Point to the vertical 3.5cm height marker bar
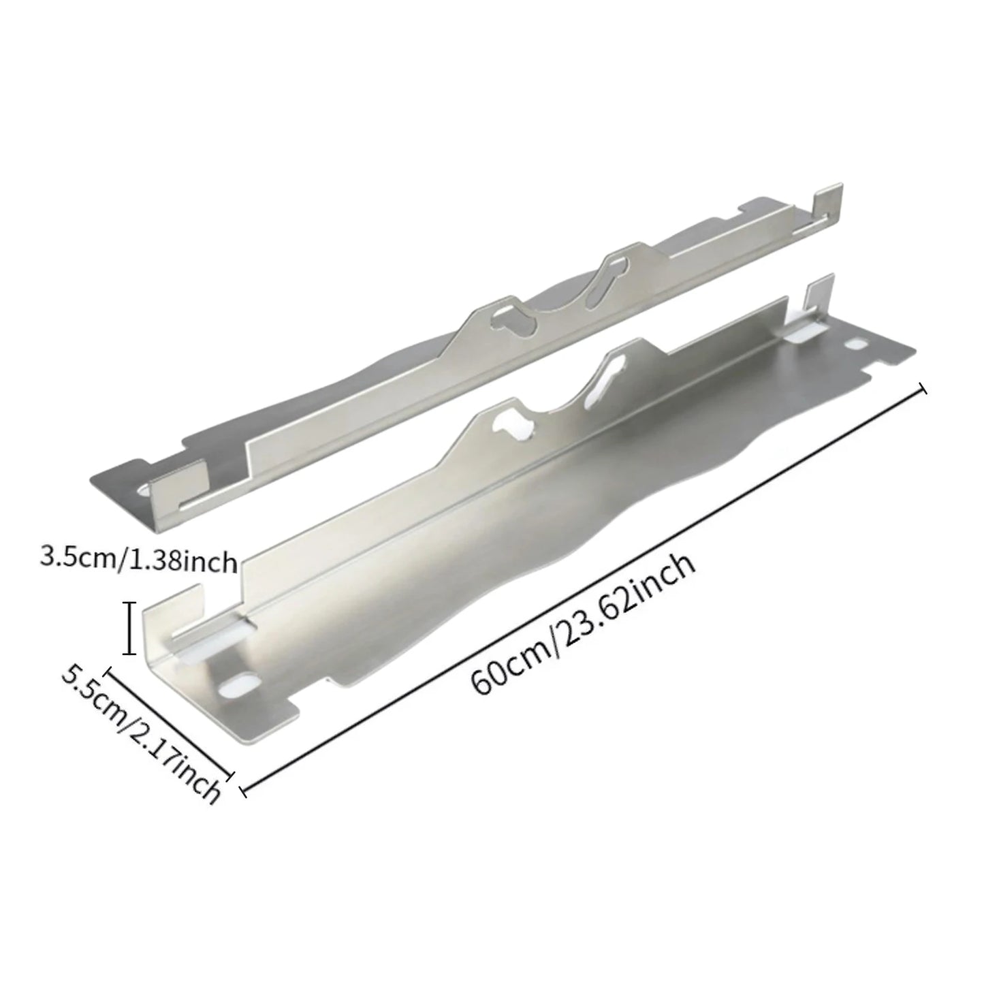(128, 628)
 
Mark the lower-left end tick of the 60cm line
(243, 791)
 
